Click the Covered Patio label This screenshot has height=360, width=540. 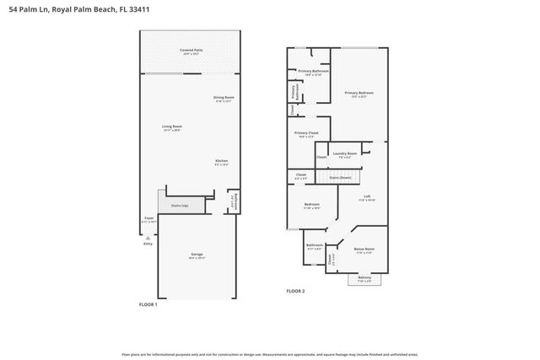pos(192,51)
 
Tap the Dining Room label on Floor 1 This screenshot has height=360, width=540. pos(224,99)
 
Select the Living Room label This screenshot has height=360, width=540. pos(172,128)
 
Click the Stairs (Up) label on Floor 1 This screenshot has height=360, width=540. pos(180,205)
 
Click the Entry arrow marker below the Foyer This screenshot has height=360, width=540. pos(148,238)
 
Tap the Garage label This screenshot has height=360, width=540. pos(196,255)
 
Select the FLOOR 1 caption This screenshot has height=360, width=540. pos(148,304)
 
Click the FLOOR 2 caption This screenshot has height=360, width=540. pos(295,291)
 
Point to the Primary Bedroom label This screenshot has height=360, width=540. pos(359,94)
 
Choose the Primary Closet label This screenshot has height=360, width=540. pos(306,134)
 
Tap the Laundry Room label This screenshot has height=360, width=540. pos(345,154)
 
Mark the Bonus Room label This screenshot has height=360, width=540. pos(364,250)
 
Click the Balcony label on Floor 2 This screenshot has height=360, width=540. pos(364,278)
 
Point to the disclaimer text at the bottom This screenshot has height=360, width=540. pos(270,353)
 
